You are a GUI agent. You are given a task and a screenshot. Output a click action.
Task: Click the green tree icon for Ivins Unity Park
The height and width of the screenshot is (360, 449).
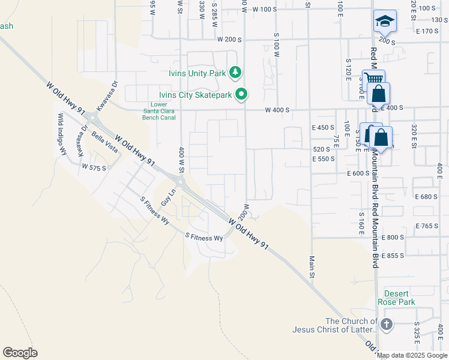tap(235, 73)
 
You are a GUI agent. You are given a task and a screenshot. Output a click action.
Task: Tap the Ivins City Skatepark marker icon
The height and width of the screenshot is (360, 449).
tap(242, 94)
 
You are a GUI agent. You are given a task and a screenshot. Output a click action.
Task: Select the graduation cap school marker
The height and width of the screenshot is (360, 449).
tap(384, 22)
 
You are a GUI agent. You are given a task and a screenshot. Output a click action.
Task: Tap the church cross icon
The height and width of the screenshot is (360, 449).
tap(386, 325)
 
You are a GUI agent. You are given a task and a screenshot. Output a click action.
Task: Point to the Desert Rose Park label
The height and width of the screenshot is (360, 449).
tap(399, 298)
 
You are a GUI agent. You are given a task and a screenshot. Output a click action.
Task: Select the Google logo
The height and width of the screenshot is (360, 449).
tap(20, 352)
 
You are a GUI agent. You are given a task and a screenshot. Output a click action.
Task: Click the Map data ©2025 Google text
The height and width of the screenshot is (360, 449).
tap(412, 355)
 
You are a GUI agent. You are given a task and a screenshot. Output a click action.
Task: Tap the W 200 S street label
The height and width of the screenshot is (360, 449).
tap(229, 39)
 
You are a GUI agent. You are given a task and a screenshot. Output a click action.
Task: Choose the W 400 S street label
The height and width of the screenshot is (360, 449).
tap(279, 110)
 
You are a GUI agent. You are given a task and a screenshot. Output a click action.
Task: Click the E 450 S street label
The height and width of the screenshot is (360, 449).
tap(322, 128)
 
